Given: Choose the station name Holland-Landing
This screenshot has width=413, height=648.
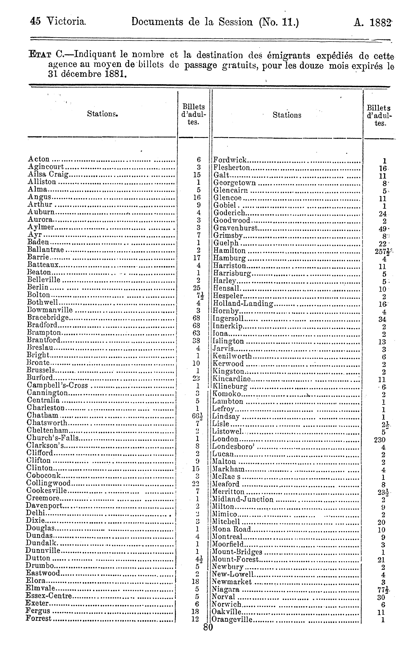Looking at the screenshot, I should (243, 304).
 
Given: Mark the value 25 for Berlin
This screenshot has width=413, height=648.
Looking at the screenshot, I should (197, 288).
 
